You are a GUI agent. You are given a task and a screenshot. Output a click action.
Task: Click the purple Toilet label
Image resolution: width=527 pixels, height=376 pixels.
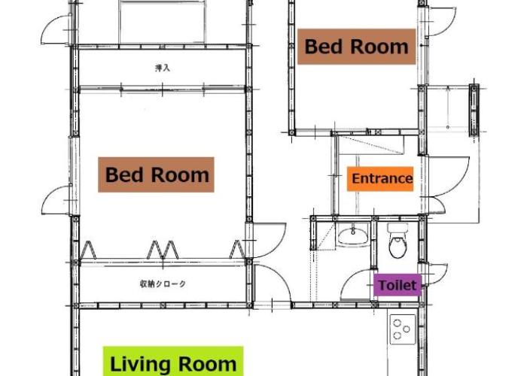click(x=398, y=285)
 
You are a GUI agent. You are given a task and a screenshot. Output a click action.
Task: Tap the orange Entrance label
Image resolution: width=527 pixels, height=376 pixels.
click(x=380, y=179)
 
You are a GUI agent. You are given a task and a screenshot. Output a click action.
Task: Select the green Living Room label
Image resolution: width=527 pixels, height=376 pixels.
click(x=173, y=362)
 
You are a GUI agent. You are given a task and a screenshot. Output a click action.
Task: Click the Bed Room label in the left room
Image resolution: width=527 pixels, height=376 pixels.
click(x=156, y=174)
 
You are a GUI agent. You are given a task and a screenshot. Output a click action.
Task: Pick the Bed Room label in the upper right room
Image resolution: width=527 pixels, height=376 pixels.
click(x=357, y=47)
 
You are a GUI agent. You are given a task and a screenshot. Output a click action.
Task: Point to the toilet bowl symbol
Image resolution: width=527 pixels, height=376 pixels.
click(x=398, y=241)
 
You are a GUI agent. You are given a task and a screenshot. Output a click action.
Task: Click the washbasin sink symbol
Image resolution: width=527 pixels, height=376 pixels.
click(x=352, y=235)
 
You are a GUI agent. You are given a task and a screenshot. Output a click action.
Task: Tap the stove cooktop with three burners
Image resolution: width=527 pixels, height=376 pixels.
click(x=403, y=329)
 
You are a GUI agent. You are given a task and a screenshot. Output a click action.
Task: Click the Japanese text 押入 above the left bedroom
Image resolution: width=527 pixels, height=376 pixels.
click(x=163, y=68)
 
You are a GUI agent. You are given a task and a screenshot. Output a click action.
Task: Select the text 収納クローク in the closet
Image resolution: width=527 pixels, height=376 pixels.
click(x=163, y=284)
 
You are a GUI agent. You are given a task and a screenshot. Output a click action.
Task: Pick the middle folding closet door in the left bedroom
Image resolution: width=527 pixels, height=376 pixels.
click(x=163, y=250)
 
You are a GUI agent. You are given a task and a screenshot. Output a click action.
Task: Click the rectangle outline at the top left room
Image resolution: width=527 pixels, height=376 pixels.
click(x=162, y=22)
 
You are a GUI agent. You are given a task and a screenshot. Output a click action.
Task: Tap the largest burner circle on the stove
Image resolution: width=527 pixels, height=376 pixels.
click(x=398, y=323)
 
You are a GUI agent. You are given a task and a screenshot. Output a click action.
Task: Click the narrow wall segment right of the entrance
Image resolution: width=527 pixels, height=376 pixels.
click(x=474, y=110)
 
